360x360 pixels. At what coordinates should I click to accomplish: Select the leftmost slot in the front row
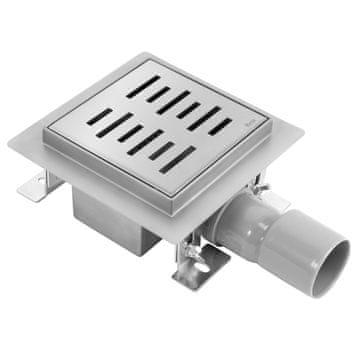coord(100,116)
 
